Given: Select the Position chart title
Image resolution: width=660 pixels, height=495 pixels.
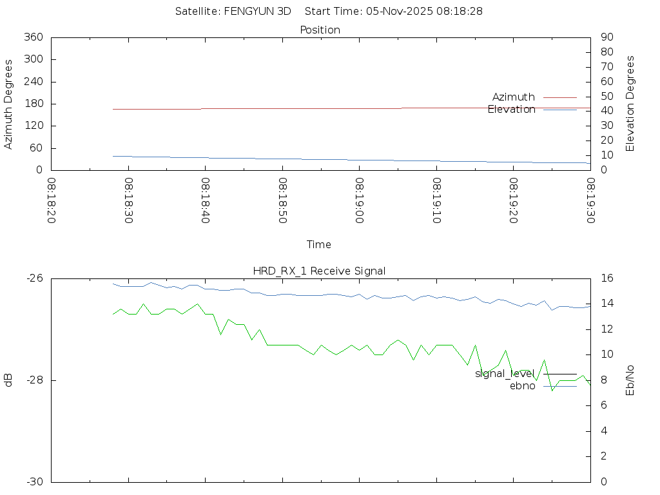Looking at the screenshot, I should (320, 30).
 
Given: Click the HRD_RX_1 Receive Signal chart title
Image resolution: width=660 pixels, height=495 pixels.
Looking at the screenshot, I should (320, 271).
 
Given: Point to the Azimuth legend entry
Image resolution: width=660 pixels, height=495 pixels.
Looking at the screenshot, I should (514, 97).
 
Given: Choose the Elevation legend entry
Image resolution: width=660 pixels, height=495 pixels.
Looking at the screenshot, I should (512, 109).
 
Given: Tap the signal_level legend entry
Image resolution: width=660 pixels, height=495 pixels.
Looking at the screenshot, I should (505, 373).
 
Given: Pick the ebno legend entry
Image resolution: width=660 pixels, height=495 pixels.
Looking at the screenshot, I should (523, 385).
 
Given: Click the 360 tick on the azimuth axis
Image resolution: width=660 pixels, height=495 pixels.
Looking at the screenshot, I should (33, 37).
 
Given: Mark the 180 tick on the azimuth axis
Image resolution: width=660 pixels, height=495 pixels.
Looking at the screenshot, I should (33, 104).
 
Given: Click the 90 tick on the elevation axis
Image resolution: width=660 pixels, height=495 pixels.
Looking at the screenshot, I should (606, 37).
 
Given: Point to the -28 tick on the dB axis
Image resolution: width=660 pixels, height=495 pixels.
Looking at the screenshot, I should (35, 380).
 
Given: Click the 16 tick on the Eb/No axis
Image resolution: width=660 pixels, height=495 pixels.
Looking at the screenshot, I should (605, 278).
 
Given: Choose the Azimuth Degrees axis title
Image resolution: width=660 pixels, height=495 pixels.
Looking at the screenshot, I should (9, 104).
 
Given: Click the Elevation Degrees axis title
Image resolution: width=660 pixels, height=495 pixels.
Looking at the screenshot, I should (630, 103).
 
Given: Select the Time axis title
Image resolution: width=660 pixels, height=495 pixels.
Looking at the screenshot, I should (319, 244).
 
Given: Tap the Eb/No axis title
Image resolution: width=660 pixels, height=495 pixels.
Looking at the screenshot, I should (630, 380).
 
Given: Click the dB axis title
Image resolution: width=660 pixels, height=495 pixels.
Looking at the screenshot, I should (9, 380).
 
